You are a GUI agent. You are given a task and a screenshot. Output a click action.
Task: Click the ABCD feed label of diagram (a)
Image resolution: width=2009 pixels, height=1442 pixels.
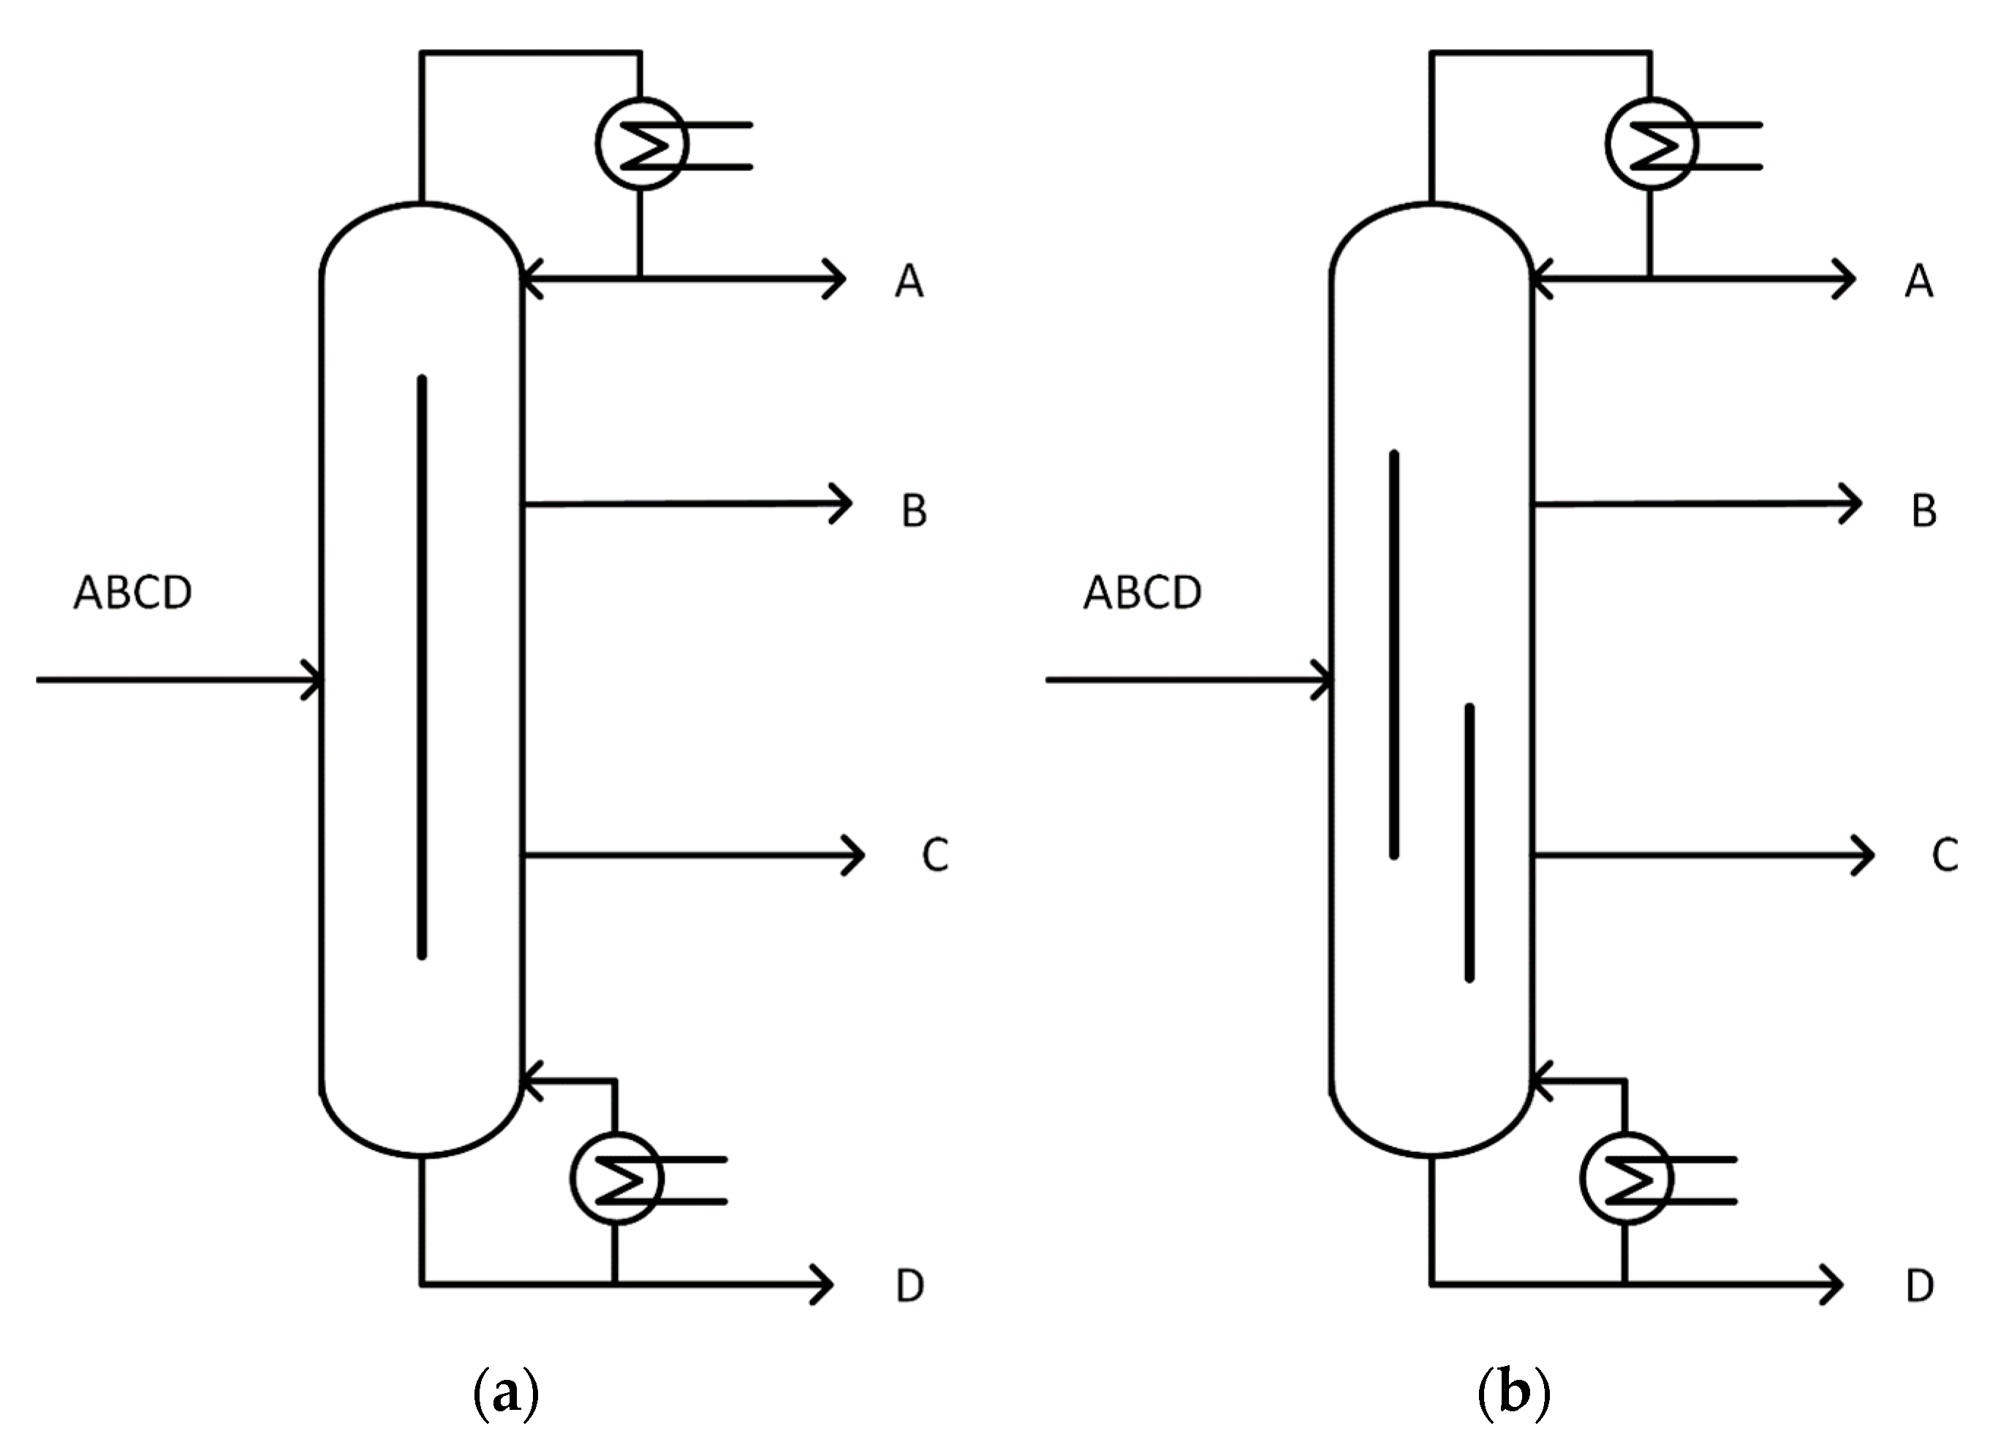133,593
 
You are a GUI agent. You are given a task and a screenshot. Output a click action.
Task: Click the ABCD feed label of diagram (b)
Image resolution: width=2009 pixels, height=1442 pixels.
1142,593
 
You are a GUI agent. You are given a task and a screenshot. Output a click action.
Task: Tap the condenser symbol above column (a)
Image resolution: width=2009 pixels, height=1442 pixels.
642,143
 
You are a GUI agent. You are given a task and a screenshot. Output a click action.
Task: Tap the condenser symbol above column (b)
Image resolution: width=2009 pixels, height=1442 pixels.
1651,143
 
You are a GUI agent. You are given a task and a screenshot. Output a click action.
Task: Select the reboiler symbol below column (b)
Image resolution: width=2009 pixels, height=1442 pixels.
1625,1178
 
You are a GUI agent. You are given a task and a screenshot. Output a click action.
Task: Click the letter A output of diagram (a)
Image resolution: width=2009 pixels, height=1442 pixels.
909,281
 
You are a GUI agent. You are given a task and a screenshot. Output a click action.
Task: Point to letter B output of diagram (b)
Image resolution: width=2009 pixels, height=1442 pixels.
1923,511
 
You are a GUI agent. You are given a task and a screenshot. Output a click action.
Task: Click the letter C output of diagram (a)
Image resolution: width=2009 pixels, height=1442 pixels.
935,854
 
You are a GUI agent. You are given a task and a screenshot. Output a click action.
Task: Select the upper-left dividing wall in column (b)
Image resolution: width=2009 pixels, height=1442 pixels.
1394,655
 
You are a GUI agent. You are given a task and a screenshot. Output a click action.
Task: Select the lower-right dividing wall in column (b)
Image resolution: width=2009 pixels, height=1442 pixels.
1469,841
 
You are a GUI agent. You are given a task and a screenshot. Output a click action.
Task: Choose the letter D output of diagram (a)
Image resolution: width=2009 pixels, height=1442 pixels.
909,1286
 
